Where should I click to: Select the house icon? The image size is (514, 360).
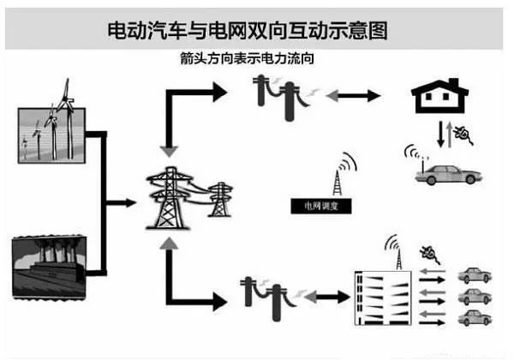(438, 97)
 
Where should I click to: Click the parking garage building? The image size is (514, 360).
(382, 297)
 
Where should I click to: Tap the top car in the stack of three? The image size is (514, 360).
(475, 276)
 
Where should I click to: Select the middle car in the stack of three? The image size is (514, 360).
(475, 297)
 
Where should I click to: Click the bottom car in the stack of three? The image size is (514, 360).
(475, 318)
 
